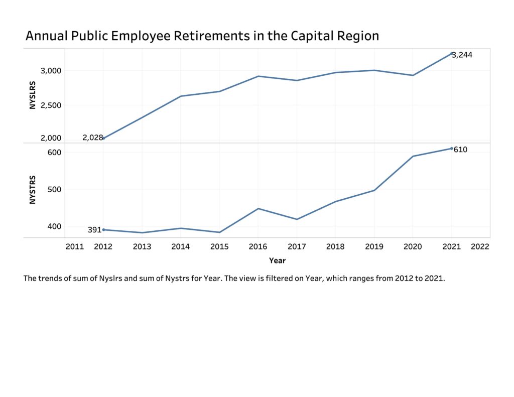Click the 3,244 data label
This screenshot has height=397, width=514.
click(x=462, y=55)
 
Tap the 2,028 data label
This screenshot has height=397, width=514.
click(x=93, y=138)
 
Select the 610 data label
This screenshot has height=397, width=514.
click(x=461, y=149)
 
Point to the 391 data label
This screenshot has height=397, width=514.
click(x=94, y=230)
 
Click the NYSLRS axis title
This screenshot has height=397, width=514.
click(x=33, y=95)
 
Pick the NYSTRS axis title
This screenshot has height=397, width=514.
click(x=33, y=190)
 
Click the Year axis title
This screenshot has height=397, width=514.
click(x=277, y=260)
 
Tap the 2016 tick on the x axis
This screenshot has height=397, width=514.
click(x=258, y=246)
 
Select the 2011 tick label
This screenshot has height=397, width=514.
click(x=75, y=246)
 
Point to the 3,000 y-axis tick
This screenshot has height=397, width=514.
click(x=51, y=71)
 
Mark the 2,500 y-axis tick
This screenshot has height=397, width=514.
click(x=51, y=105)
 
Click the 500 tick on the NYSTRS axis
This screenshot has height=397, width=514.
click(x=54, y=189)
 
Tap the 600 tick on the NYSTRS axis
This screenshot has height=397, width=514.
click(x=54, y=153)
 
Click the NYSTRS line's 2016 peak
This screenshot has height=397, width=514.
click(x=258, y=208)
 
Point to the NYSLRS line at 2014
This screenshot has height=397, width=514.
click(x=181, y=96)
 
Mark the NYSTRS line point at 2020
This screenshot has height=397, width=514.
click(x=413, y=156)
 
